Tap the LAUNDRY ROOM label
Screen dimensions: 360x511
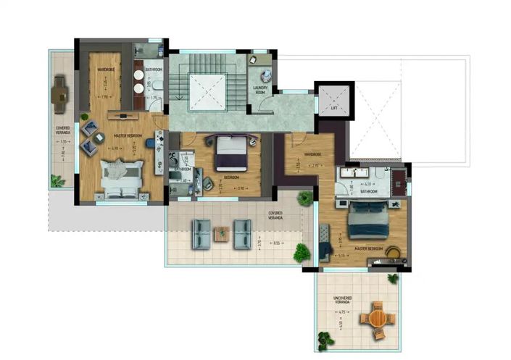(x=262, y=89)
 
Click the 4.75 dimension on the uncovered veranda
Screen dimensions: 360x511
(x=342, y=312)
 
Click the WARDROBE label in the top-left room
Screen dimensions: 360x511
(x=107, y=70)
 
